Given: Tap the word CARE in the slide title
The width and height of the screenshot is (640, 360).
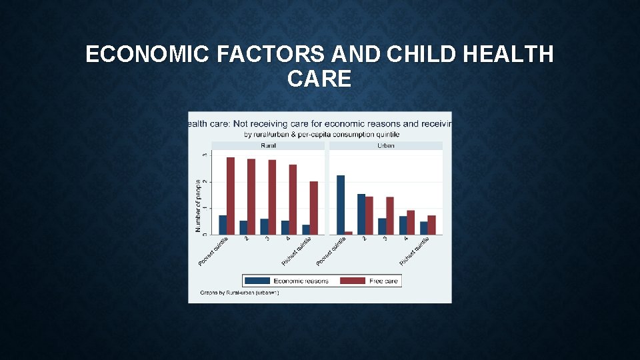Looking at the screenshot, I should click(319, 79).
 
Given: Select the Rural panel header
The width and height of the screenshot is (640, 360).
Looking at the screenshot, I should click(269, 145).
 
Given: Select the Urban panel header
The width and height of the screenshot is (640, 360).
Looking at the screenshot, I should click(386, 145).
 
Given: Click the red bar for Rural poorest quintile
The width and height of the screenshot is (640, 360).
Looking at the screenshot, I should click(231, 196).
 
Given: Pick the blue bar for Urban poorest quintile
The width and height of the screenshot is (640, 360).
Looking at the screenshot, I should click(341, 205).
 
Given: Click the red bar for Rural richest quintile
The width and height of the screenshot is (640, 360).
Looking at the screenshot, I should click(314, 207).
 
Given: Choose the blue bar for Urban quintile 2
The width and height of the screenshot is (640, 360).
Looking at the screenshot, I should click(361, 214).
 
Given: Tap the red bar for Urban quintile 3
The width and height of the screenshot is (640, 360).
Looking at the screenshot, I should click(390, 215).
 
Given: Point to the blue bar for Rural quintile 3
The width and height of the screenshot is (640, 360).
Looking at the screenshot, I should click(264, 227).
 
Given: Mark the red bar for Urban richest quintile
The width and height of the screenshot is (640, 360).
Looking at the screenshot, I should click(431, 225).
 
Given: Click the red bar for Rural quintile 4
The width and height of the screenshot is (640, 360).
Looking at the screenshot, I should click(293, 199).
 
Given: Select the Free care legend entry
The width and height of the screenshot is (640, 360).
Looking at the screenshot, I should click(371, 281).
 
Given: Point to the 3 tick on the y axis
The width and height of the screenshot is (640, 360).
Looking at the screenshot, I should click(204, 155).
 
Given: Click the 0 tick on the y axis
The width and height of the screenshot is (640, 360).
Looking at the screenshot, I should click(204, 234).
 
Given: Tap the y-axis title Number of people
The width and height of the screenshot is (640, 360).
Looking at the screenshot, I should click(197, 205).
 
